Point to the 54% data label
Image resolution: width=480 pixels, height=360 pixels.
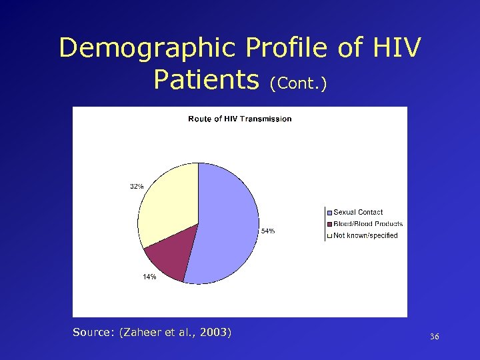[267, 231]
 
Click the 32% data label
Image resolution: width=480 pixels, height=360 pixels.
[136, 187]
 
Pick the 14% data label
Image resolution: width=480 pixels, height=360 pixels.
[149, 277]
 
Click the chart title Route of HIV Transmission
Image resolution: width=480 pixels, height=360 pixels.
[239, 119]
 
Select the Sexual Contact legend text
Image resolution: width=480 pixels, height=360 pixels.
[358, 212]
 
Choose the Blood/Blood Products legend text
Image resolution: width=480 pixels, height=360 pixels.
[368, 224]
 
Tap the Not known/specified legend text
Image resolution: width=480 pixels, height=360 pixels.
[365, 235]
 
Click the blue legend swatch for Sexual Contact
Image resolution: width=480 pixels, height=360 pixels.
[329, 212]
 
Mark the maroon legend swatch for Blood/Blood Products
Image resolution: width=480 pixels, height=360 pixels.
[329, 224]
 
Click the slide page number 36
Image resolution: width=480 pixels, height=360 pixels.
[435, 338]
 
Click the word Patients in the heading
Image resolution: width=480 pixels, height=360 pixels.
[205, 80]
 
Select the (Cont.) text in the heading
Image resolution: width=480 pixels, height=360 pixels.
[298, 84]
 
